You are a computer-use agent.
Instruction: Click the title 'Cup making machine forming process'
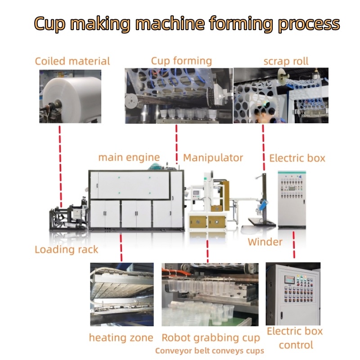[x=186, y=23]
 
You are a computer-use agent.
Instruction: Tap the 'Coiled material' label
[x=72, y=61]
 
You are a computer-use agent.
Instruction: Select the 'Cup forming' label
[x=181, y=61]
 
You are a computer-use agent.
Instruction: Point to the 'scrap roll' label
[x=286, y=61]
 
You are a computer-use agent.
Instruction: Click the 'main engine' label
[x=129, y=157]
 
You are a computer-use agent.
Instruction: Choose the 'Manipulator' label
[x=213, y=158]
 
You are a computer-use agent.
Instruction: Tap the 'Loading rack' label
[x=66, y=249]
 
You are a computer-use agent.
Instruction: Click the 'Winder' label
[x=265, y=242]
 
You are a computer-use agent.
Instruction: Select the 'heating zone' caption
[x=121, y=337]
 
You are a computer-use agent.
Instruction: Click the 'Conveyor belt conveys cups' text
[x=210, y=351]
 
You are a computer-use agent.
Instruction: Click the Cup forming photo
[x=179, y=95]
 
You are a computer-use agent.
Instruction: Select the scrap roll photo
[x=281, y=95]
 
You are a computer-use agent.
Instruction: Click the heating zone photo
[x=121, y=294]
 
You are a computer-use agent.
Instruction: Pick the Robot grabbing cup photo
[x=210, y=294]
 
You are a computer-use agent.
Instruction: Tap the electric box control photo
[x=292, y=293]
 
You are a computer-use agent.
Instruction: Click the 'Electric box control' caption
[x=295, y=338]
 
